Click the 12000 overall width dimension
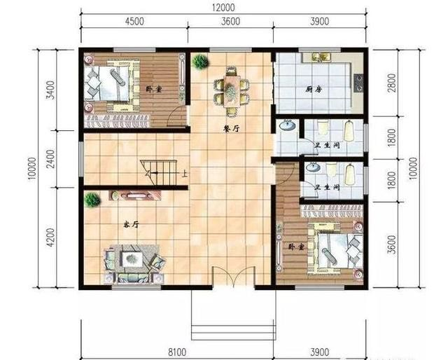[223, 7]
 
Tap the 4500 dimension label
[134, 21]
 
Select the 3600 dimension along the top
[230, 21]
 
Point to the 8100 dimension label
[177, 352]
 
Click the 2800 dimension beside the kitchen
[392, 83]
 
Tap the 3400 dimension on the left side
[50, 90]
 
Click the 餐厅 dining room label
[231, 130]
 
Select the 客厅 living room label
[131, 225]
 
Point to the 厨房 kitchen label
[314, 90]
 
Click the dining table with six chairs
[232, 91]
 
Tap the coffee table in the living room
[132, 258]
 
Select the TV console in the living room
[135, 196]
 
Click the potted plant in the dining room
[200, 61]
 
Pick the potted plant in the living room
[92, 200]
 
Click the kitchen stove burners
[358, 83]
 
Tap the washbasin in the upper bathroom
[287, 125]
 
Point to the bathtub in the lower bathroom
[350, 174]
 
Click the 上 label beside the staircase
[185, 174]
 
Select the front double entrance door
[233, 277]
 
